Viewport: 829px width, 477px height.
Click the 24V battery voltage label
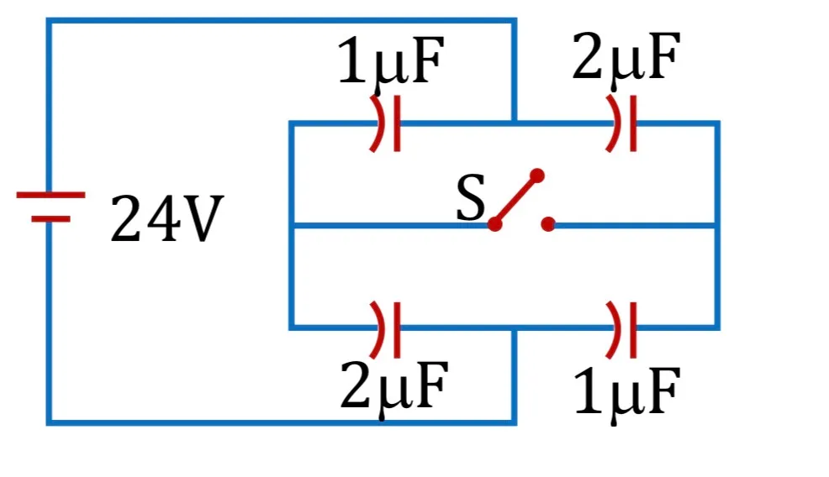(x=167, y=218)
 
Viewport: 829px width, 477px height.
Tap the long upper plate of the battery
(x=50, y=195)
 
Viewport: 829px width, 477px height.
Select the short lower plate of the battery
(x=50, y=218)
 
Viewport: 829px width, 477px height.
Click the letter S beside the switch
(x=470, y=197)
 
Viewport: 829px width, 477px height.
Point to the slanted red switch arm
(x=515, y=200)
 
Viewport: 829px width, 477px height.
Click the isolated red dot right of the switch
(x=548, y=224)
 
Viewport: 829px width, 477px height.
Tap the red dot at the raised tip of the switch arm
(x=536, y=176)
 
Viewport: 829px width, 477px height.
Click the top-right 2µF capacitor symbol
(x=621, y=123)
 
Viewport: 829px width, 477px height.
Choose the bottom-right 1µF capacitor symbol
(x=621, y=329)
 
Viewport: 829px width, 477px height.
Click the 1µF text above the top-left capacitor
(x=390, y=60)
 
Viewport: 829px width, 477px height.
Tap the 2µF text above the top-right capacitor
(x=626, y=56)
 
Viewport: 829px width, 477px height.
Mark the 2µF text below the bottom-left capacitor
(x=393, y=387)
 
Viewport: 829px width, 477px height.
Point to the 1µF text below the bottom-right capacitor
(x=626, y=393)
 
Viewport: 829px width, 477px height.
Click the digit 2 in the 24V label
(x=126, y=218)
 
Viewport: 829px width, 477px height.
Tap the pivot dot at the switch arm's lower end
(x=495, y=224)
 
